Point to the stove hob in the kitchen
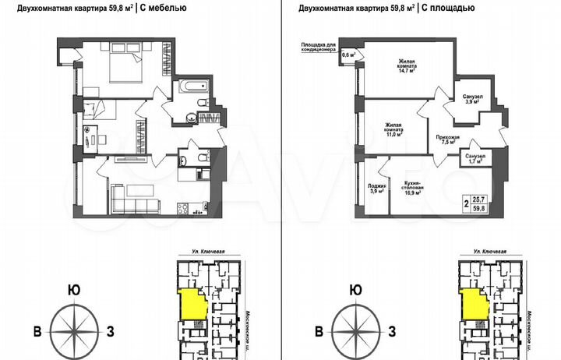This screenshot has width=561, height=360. coord(185,209)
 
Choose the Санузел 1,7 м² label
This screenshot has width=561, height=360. coord(475,160)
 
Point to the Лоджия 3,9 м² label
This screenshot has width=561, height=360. coord(375,189)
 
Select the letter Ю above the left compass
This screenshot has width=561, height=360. coord(73,290)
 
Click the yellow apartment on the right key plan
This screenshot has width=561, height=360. coord(471,303)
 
